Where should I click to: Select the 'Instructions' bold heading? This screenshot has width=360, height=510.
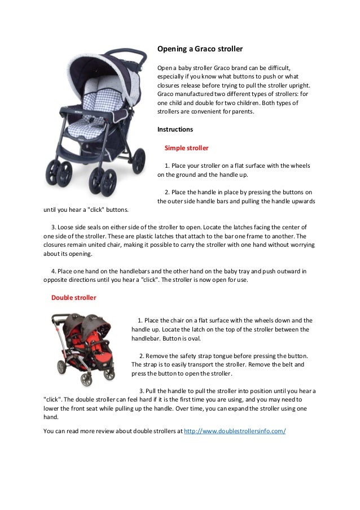pyautogui.click(x=175, y=129)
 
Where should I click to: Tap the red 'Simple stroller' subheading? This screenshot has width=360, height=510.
pyautogui.click(x=186, y=148)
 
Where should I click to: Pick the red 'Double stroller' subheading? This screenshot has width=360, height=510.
pyautogui.click(x=73, y=297)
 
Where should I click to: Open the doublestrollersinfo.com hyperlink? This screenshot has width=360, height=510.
pyautogui.click(x=235, y=431)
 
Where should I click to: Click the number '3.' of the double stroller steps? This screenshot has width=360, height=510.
pyautogui.click(x=142, y=391)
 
